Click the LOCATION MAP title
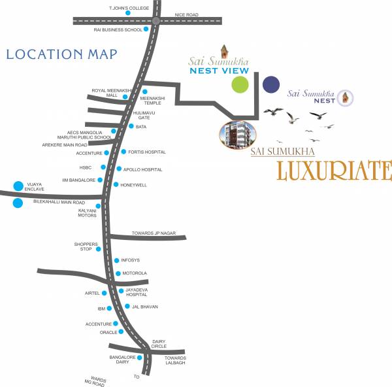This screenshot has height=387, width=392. pyautogui.click(x=61, y=54)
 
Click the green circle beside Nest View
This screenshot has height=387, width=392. pyautogui.click(x=240, y=84)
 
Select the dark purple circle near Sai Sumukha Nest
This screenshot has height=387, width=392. pyautogui.click(x=270, y=84)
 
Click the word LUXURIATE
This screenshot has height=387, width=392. pyautogui.click(x=334, y=170)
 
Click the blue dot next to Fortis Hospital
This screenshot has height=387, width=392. pyautogui.click(x=122, y=152)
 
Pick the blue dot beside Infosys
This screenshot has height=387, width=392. pyautogui.click(x=116, y=260)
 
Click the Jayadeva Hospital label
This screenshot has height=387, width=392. pyautogui.click(x=137, y=292)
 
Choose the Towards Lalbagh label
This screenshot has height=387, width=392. pyautogui.click(x=175, y=360)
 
